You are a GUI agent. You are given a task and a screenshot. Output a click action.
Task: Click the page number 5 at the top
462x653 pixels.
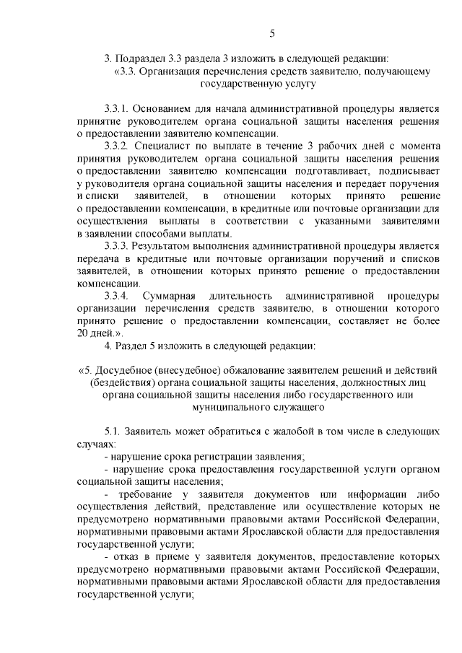(x=272, y=32)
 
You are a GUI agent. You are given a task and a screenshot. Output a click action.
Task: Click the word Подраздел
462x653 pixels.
(x=141, y=58)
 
